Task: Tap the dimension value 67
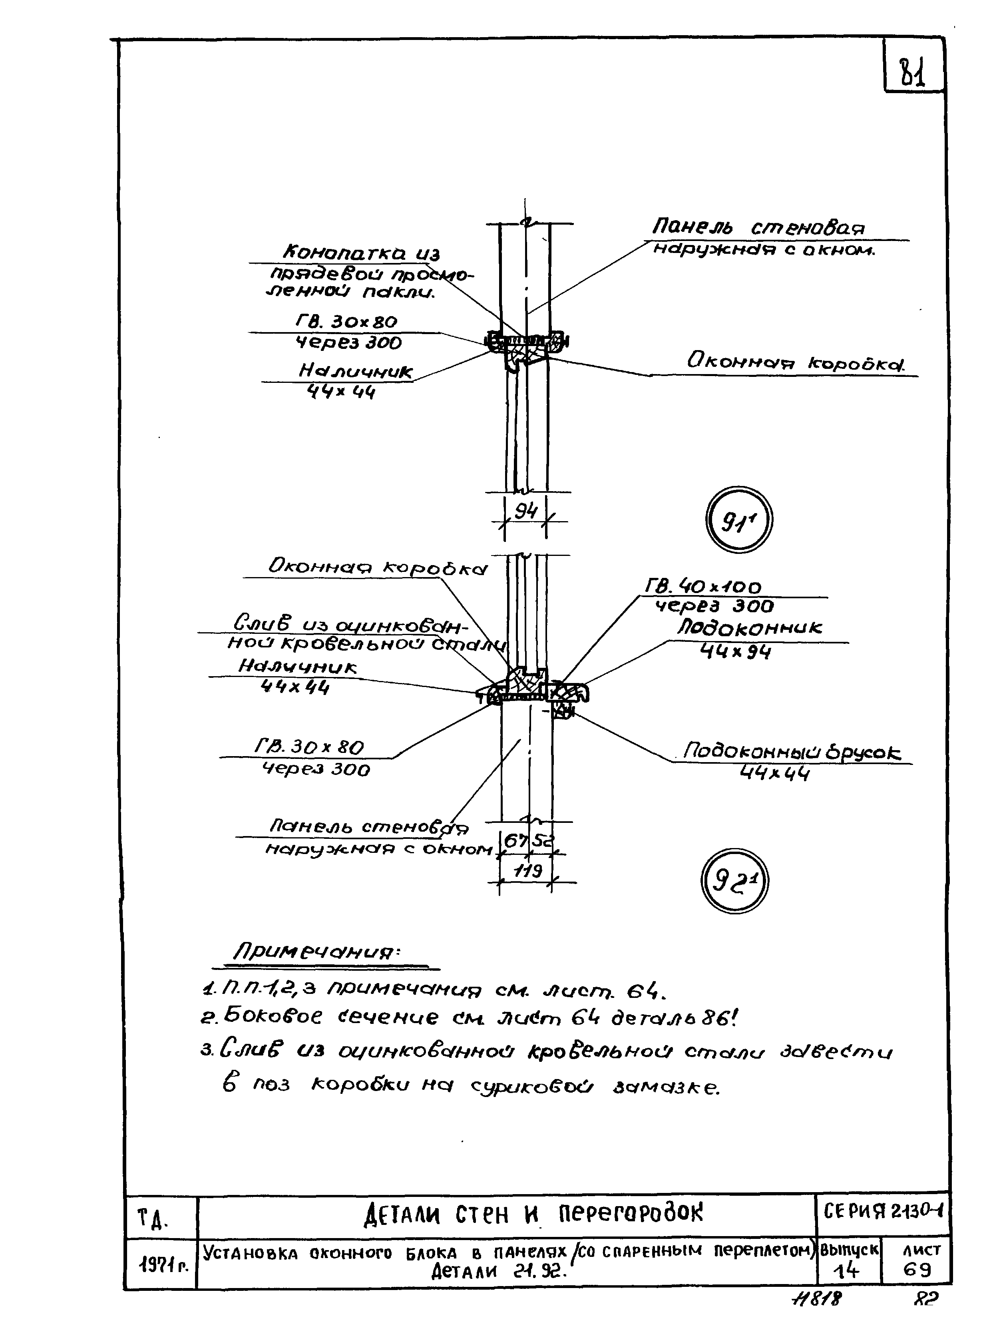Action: pyautogui.click(x=515, y=840)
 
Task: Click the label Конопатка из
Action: pyautogui.click(x=362, y=252)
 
